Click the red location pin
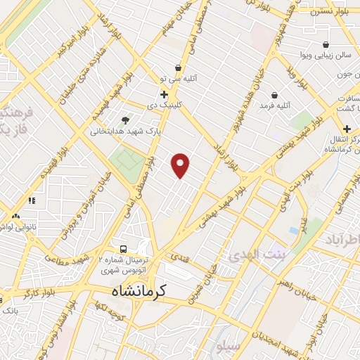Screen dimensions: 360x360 pos(181,165)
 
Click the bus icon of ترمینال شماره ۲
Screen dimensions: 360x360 pos(124,249)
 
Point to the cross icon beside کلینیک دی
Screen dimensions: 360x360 pos(164,94)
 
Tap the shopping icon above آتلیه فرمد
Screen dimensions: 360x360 pos(273,94)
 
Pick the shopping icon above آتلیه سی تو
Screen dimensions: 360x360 pos(179,68)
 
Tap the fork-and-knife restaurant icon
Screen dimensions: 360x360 pos(32,200)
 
